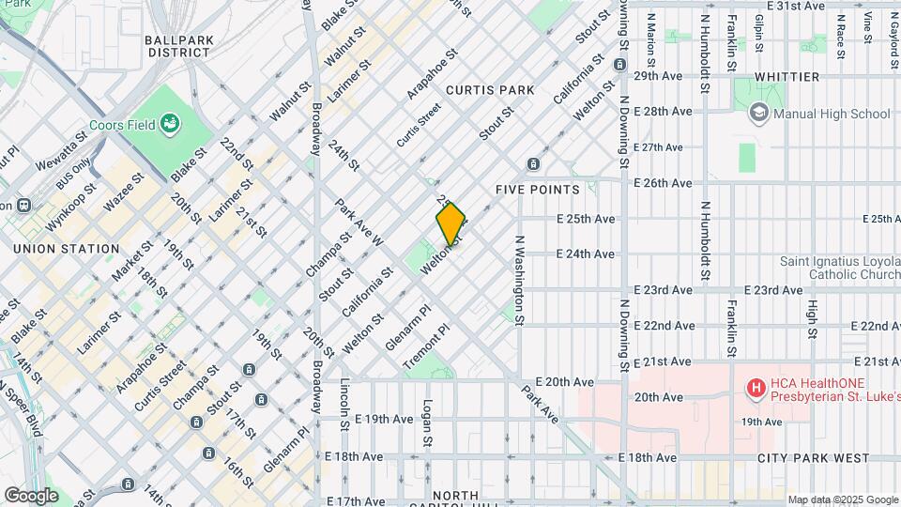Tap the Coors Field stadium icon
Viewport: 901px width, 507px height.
click(170, 123)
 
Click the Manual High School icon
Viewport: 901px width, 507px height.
click(756, 114)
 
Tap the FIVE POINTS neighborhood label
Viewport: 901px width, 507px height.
click(538, 189)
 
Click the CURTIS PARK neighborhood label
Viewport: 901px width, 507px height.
click(490, 90)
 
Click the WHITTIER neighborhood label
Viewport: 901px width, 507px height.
click(786, 76)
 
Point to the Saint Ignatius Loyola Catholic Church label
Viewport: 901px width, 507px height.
click(838, 269)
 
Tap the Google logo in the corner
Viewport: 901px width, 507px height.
click(31, 495)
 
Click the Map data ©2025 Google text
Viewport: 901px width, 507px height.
click(843, 499)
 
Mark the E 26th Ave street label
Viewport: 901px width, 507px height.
click(664, 183)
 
